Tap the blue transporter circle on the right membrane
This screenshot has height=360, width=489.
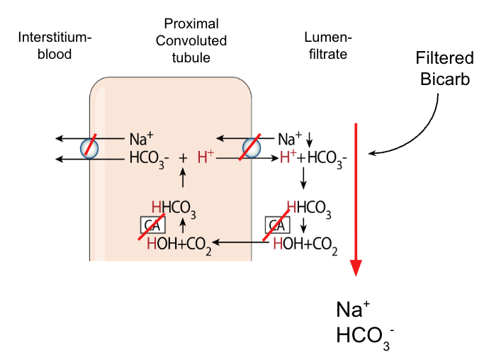pyautogui.click(x=252, y=147)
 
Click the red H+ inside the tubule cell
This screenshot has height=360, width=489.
pyautogui.click(x=206, y=157)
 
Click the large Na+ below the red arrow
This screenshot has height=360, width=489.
pyautogui.click(x=352, y=310)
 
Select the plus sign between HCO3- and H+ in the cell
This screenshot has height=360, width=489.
pyautogui.click(x=182, y=157)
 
